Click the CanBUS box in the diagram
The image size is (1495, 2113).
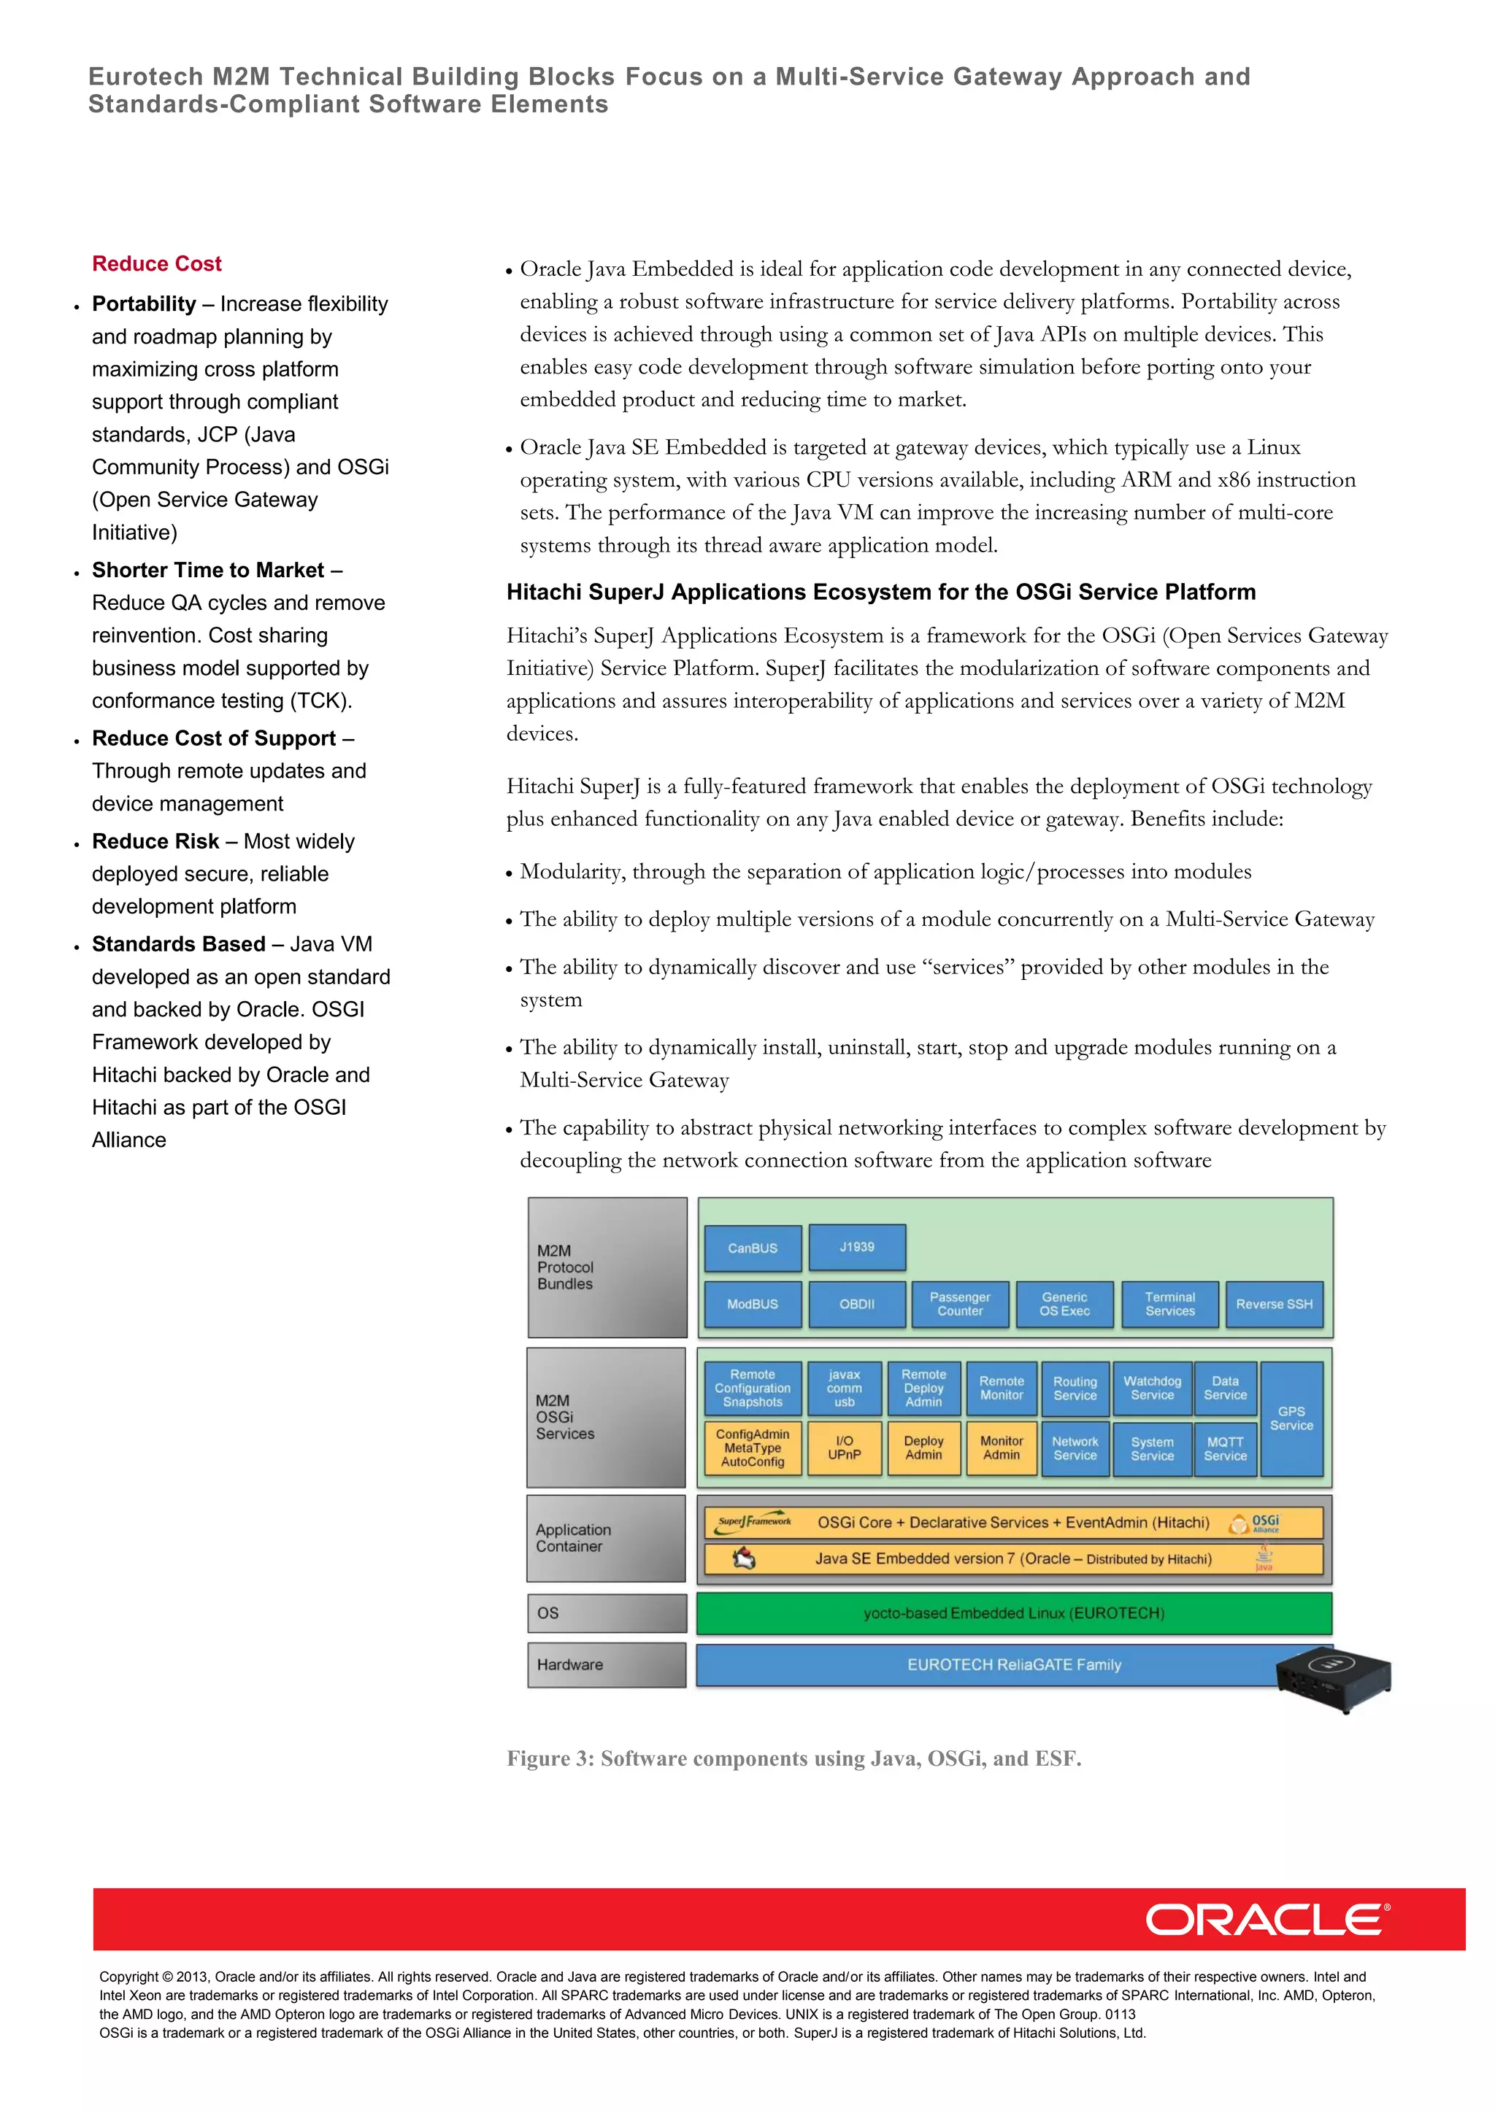752,1248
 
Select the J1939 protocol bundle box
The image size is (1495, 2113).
857,1247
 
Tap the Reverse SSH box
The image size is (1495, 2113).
1274,1304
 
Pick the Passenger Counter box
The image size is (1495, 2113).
960,1304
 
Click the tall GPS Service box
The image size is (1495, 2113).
1291,1418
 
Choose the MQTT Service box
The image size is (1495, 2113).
1226,1448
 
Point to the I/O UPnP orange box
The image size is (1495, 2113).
844,1448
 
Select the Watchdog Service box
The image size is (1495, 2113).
1152,1388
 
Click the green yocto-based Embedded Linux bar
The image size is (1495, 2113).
1013,1613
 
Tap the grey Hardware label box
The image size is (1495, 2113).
607,1665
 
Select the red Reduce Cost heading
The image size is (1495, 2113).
156,264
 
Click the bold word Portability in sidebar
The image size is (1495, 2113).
144,304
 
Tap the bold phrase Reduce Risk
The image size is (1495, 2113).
155,841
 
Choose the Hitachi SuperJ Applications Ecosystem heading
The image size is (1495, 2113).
881,592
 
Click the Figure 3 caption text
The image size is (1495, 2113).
793,1758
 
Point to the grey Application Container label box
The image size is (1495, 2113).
606,1538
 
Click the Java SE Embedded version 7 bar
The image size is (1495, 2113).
1012,1559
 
